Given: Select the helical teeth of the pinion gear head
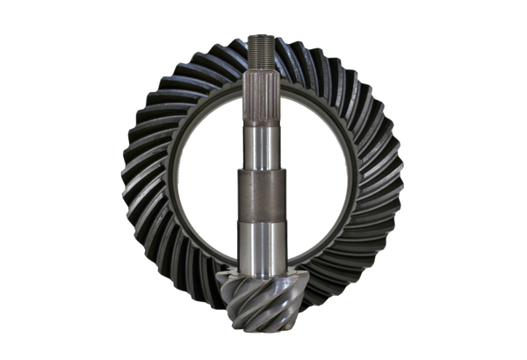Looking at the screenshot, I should (x=262, y=303).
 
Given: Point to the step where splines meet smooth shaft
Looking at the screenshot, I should (x=261, y=121).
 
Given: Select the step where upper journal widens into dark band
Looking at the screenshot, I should (x=261, y=170).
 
